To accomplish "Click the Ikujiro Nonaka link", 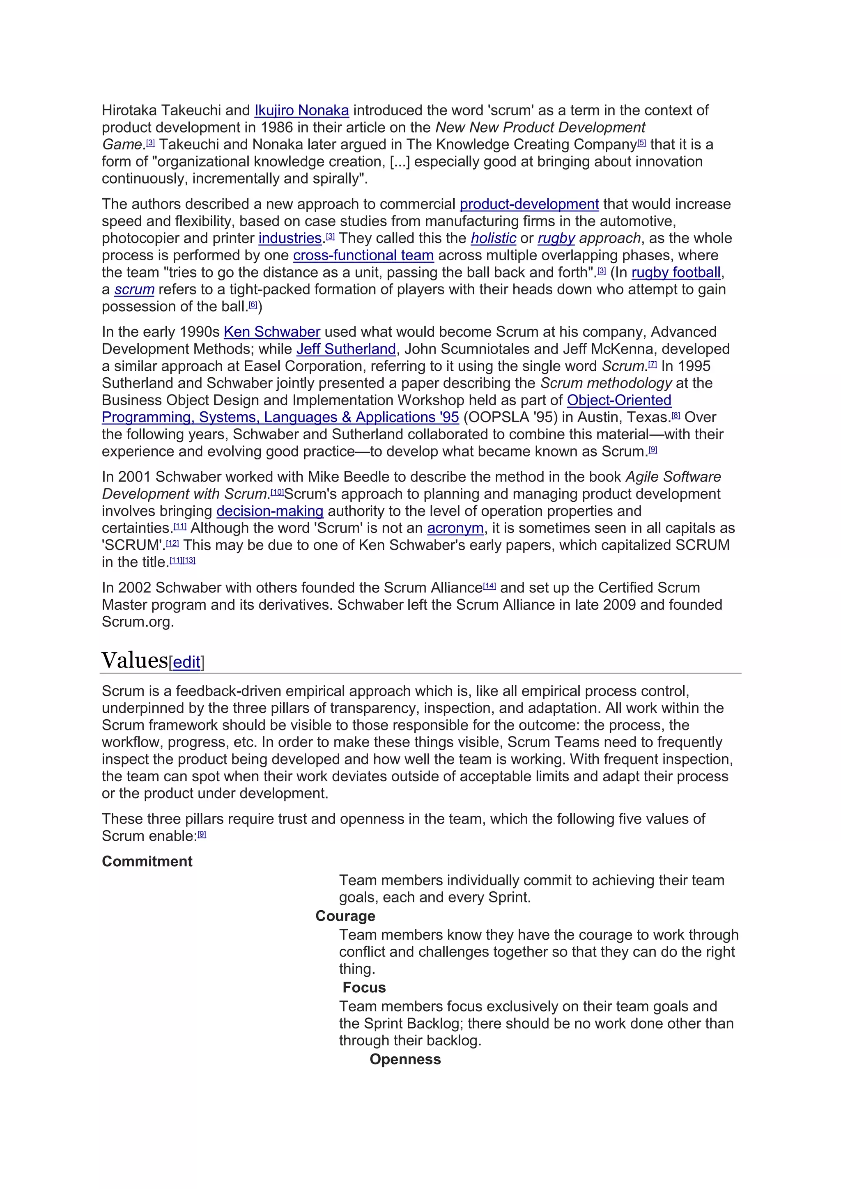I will click(301, 110).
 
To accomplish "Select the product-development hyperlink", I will click(529, 204).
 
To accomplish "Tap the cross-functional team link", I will click(363, 255).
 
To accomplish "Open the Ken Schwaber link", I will click(272, 332).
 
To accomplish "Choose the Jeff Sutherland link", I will click(346, 349).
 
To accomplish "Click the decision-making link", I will click(270, 511).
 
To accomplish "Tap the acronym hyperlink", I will click(455, 528).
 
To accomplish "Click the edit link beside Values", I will click(186, 662).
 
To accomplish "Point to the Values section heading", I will click(135, 660).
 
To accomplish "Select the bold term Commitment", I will click(147, 861).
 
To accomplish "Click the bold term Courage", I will click(345, 916).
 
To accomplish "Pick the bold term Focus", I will click(364, 987).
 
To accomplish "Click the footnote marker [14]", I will click(489, 586).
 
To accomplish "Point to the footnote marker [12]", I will click(172, 543).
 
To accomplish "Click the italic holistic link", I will click(493, 238).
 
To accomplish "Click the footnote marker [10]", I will click(277, 492).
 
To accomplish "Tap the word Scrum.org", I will click(137, 622).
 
